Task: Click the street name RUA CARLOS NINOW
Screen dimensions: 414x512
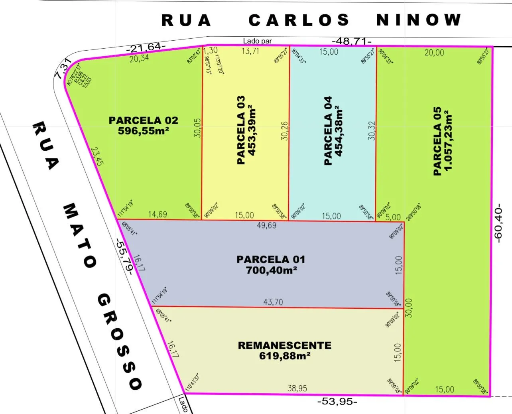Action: (x=311, y=20)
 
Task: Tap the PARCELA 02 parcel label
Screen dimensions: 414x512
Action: (x=143, y=120)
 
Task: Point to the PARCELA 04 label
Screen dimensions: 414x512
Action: (x=328, y=130)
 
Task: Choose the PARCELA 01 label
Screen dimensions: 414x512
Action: (x=271, y=259)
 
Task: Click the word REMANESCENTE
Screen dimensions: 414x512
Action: (x=284, y=345)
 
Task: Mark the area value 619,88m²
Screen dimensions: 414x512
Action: (x=284, y=355)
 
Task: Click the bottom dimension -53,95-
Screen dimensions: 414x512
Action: (x=337, y=402)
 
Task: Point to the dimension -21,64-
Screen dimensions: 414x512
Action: (x=146, y=47)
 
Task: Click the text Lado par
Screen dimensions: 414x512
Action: (x=258, y=41)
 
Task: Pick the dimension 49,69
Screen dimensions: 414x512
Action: (x=267, y=225)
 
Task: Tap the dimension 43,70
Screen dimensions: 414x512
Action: (x=273, y=302)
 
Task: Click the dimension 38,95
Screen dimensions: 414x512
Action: (x=297, y=388)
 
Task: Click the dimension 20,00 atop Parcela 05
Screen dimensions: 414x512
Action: (x=434, y=52)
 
